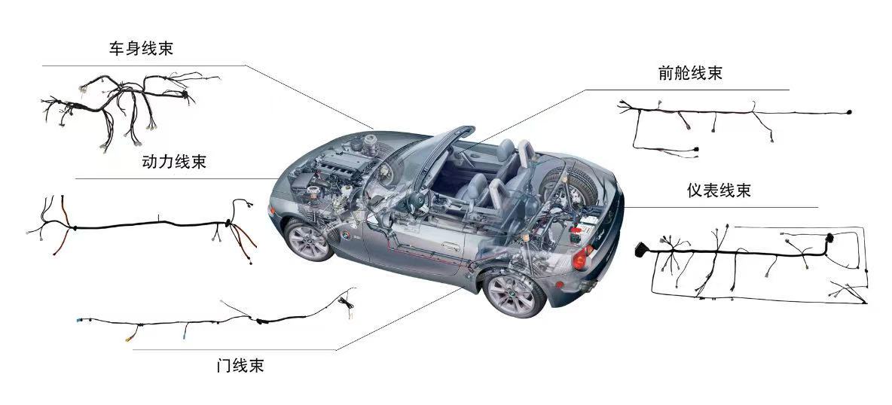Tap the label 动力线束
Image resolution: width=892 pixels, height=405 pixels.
click(x=174, y=162)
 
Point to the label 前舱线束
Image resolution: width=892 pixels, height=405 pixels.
click(x=690, y=74)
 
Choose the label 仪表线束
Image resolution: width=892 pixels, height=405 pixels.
click(x=719, y=190)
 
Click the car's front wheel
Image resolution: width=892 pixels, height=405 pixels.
click(x=310, y=239)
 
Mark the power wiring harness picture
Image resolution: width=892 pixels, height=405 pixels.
click(x=143, y=225)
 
